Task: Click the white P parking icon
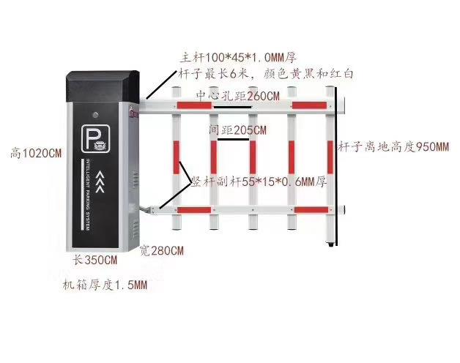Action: tap(96, 139)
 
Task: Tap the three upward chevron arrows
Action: tap(100, 181)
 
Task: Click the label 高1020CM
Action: tap(36, 153)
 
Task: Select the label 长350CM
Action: tap(95, 260)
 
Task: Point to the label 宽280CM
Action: tap(162, 251)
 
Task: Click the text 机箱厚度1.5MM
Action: tap(105, 285)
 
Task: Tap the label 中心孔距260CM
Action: tap(237, 96)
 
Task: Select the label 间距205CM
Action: tap(238, 130)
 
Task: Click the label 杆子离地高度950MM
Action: tap(393, 146)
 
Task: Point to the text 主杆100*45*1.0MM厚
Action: tap(238, 58)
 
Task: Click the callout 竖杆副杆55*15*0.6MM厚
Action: tap(259, 182)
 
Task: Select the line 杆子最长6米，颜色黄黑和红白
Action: tap(265, 74)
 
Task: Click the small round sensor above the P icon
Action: tap(95, 115)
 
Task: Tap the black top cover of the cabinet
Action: tap(103, 86)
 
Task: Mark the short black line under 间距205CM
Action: tap(234, 140)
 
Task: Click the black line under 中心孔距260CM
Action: tap(233, 107)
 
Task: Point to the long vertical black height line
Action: tap(336, 166)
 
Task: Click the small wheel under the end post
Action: tap(331, 244)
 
